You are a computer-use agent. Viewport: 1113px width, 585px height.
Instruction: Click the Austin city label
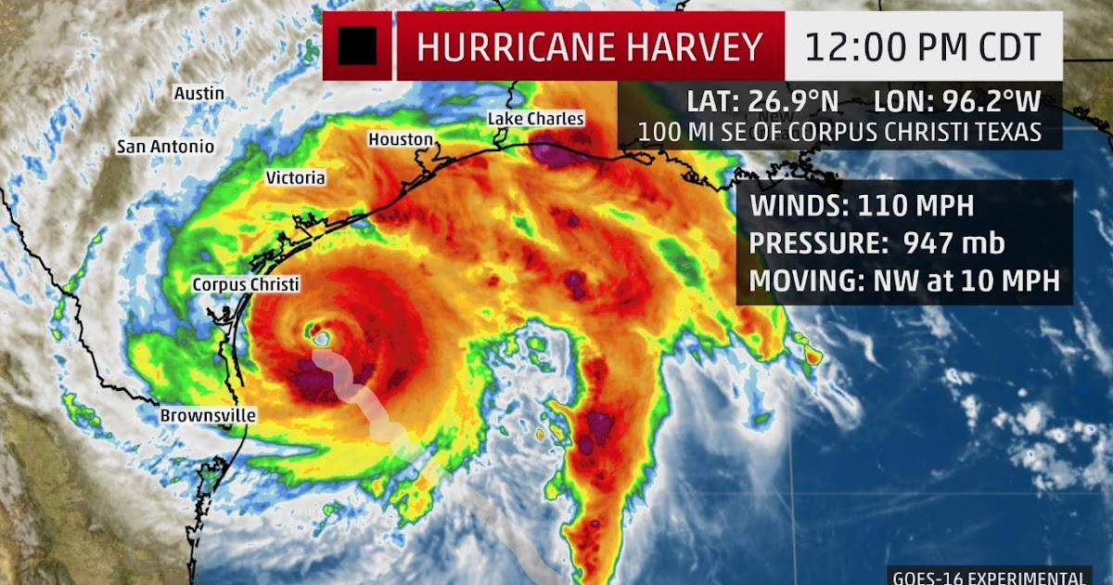coord(199,93)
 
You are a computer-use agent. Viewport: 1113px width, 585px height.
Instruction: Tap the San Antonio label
coord(165,147)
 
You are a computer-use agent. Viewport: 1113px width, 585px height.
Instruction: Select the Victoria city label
coord(295,177)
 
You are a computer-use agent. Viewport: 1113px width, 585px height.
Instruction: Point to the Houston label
coord(401,139)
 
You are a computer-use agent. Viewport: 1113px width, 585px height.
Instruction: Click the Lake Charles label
coord(536,119)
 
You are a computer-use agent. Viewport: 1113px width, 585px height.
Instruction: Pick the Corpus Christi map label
coord(246,284)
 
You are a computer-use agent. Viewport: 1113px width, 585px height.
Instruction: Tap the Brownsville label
coord(208,416)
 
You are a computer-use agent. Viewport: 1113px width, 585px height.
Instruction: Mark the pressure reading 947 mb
coord(937,242)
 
